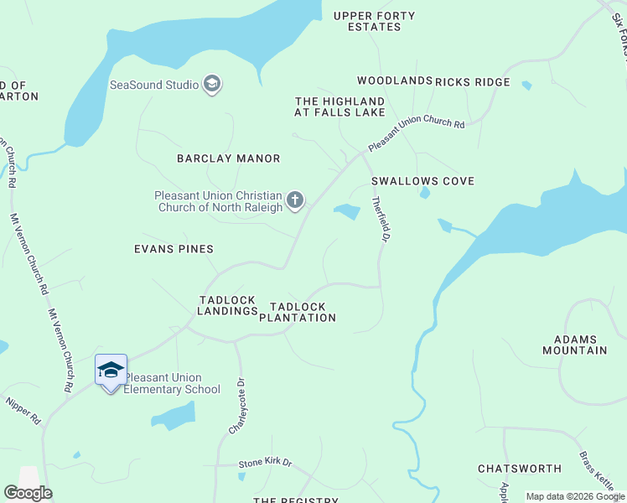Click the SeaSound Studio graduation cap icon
[x=212, y=84]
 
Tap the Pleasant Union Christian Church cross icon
[x=294, y=200]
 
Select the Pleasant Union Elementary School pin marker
[x=111, y=371]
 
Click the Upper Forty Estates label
[x=374, y=21]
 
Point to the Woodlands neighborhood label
[x=394, y=81]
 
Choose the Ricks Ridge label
[x=473, y=81]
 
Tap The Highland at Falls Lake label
[x=339, y=107]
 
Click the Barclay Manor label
[x=229, y=158]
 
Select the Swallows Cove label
[x=422, y=181]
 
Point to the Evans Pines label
[x=174, y=249]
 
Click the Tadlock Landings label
[x=228, y=305]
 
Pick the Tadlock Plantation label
[x=298, y=312]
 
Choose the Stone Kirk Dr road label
[x=265, y=462]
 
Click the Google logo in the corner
[x=28, y=493]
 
